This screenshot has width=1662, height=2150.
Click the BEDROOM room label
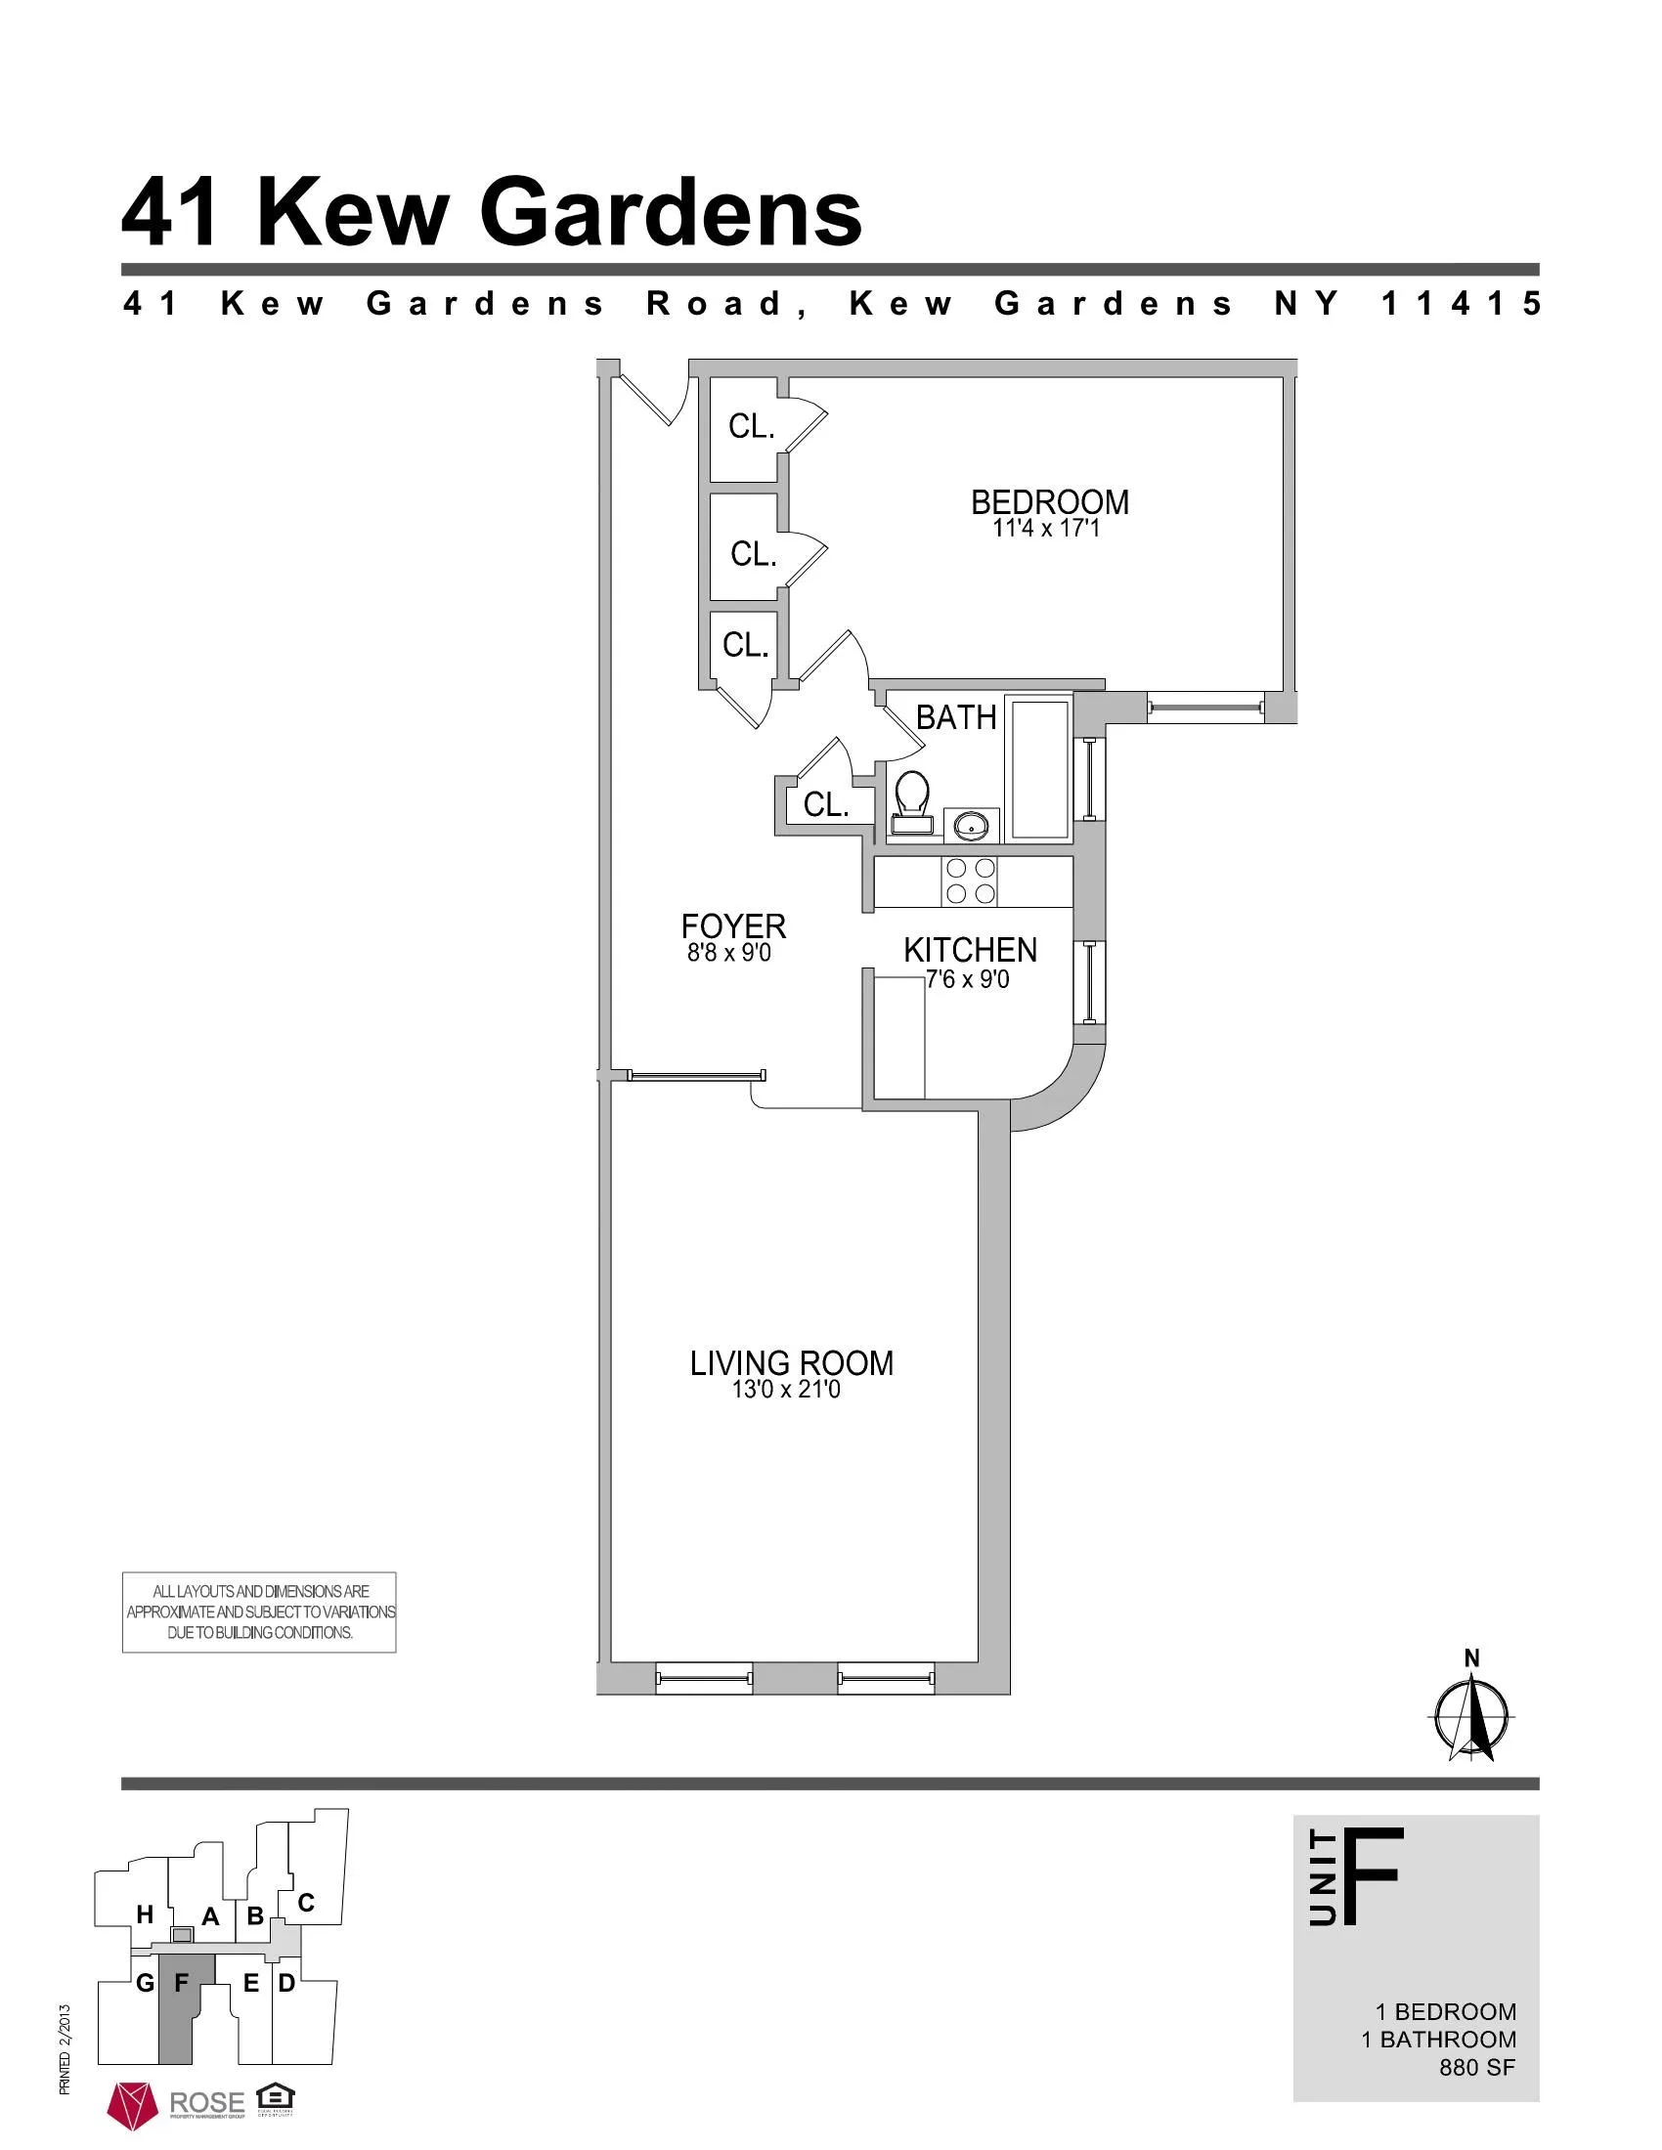[1050, 502]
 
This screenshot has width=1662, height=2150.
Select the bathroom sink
[972, 826]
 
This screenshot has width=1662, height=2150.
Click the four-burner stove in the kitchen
[970, 881]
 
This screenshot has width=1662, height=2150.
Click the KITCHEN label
[970, 950]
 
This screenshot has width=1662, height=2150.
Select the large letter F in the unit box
[1371, 1875]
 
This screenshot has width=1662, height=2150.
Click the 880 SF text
[1477, 2067]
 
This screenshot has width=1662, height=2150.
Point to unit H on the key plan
[145, 1914]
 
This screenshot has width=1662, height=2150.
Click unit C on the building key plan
[305, 1903]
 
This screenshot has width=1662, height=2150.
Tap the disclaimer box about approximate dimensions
[259, 1612]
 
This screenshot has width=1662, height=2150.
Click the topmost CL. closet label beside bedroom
[751, 426]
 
